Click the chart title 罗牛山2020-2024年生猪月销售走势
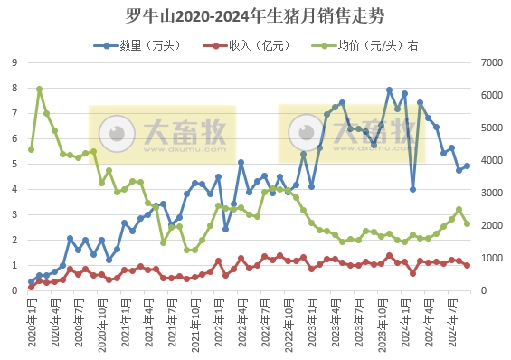(256, 15)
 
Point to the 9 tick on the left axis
(14, 62)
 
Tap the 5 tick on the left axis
(14, 164)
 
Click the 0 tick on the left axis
(14, 290)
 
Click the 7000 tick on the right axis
(489, 62)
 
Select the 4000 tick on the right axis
(489, 160)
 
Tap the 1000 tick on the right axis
(489, 258)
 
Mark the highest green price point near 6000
(39, 89)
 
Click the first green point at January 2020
(32, 149)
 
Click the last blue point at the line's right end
(467, 166)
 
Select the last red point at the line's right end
(467, 265)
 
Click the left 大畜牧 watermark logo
(162, 134)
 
